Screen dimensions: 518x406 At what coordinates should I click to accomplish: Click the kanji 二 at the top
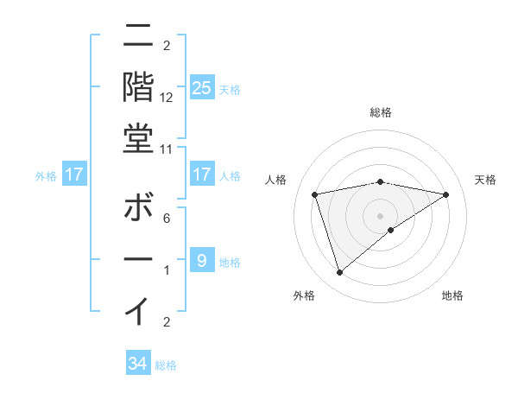point(138,36)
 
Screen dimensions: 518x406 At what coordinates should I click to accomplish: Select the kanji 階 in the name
point(138,86)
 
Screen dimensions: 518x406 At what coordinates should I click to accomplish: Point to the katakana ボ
point(138,210)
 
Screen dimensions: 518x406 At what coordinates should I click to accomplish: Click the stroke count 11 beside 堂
point(167,149)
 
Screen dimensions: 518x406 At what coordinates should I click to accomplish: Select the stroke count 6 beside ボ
point(167,219)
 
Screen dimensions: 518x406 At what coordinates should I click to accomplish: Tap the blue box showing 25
point(201,88)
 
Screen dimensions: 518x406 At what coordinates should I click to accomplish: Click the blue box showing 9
point(201,261)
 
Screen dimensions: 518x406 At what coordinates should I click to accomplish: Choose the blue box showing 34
point(138,364)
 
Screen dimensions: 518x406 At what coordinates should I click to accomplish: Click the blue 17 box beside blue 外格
point(74,175)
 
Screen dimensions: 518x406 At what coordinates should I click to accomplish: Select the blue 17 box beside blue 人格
point(201,175)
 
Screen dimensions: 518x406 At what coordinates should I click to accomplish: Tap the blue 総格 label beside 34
point(166,365)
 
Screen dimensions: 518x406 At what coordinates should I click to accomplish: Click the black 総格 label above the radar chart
point(381,112)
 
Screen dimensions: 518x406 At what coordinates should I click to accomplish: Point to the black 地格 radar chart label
point(452,295)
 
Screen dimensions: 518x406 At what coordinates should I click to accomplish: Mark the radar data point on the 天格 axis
point(445,194)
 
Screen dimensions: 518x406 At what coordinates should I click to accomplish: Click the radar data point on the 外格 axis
point(339,273)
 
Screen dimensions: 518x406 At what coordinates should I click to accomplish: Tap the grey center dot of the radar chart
point(381,215)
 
